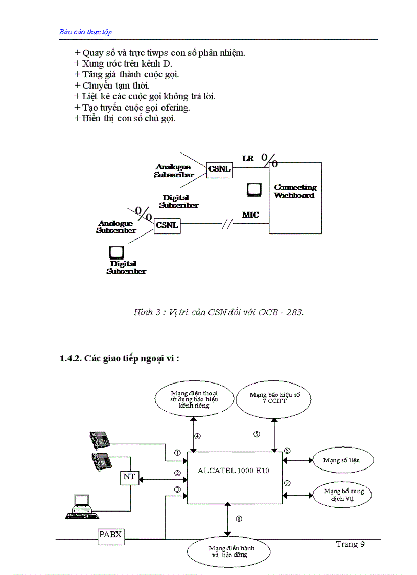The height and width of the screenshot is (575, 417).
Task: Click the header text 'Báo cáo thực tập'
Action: [x=86, y=32]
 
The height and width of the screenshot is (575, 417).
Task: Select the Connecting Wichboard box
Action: [x=295, y=198]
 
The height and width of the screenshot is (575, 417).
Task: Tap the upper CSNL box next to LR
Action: [x=219, y=168]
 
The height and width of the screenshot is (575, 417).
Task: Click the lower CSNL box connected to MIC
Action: [x=167, y=225]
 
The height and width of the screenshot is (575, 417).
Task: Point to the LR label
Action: [x=248, y=159]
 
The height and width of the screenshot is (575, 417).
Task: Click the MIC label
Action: [x=250, y=215]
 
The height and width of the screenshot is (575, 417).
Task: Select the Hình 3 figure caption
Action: [x=218, y=312]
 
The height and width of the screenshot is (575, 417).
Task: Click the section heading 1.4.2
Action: [x=119, y=359]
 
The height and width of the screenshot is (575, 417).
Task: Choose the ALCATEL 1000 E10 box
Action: [x=235, y=477]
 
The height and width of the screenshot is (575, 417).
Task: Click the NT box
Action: [x=129, y=477]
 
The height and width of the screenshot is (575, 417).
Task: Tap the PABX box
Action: [x=110, y=535]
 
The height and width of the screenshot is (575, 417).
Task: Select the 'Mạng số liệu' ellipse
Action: [x=341, y=460]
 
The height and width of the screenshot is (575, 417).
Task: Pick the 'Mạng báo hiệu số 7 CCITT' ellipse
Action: [x=275, y=398]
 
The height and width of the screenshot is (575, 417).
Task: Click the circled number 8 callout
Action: [x=239, y=519]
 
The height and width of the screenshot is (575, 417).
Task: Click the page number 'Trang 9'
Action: [x=350, y=544]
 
